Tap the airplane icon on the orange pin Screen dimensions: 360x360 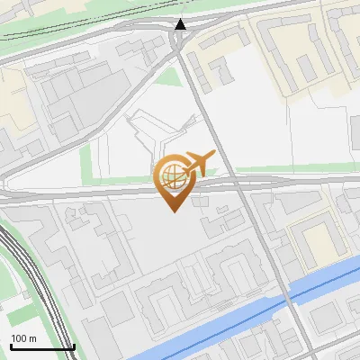click(x=200, y=163)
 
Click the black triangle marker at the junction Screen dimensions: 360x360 click(x=181, y=24)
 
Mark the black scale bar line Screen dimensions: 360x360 click(x=41, y=347)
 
